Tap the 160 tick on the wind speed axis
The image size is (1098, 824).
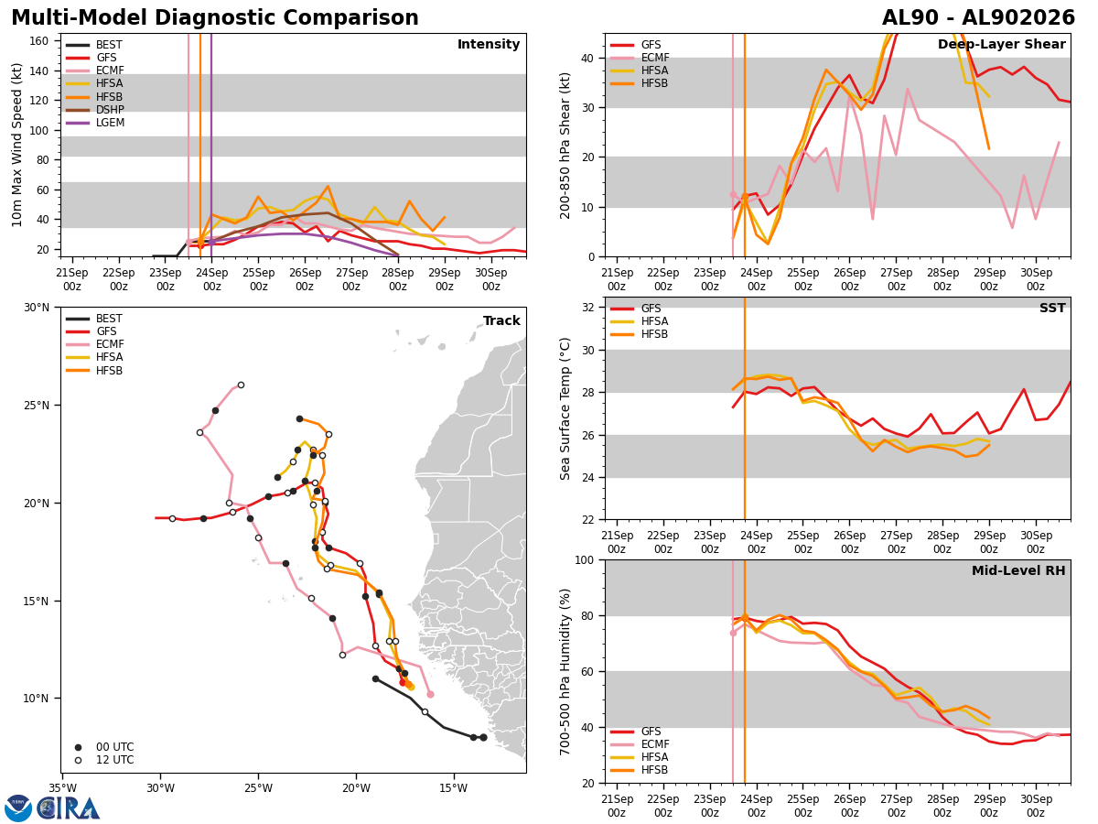(38, 41)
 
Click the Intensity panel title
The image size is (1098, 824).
(489, 45)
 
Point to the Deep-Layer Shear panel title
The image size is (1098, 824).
(1001, 45)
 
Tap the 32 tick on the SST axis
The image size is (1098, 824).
(588, 308)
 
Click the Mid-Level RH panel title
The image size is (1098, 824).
(1018, 570)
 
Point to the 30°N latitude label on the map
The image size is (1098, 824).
(37, 308)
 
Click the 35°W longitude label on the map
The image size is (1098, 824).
(63, 789)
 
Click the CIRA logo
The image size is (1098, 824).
(51, 808)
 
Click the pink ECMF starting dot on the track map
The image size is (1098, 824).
(430, 694)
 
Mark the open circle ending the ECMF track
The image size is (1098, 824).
(242, 385)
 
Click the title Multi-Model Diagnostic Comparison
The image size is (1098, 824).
(215, 18)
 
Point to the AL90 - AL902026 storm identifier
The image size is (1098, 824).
(978, 18)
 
